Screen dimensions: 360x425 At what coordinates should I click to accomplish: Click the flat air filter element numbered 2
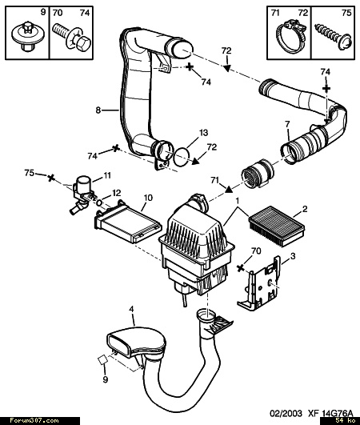(277, 226)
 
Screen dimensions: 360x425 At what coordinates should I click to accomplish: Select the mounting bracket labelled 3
(259, 283)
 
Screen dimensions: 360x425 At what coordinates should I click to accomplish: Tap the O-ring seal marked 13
(182, 157)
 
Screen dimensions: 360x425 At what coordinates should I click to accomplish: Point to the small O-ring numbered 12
(99, 202)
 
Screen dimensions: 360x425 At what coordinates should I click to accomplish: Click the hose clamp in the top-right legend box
(289, 35)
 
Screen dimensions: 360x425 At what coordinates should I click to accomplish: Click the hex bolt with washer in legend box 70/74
(72, 38)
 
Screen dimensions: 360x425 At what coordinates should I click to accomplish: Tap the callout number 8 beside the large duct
(98, 110)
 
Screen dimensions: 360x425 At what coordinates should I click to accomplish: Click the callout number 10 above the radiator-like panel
(148, 198)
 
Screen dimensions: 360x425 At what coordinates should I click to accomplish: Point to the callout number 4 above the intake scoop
(131, 309)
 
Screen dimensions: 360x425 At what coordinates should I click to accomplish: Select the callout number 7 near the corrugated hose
(287, 124)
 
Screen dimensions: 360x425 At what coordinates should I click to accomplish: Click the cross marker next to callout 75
(50, 178)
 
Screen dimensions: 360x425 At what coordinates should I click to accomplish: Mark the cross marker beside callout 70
(240, 268)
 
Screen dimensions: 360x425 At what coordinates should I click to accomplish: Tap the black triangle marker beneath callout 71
(229, 189)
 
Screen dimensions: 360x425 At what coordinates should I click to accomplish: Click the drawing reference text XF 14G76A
(330, 413)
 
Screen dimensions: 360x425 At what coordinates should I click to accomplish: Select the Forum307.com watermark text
(34, 421)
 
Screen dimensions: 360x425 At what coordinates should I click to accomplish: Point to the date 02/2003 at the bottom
(286, 413)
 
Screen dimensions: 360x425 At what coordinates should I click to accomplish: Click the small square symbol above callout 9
(102, 360)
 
